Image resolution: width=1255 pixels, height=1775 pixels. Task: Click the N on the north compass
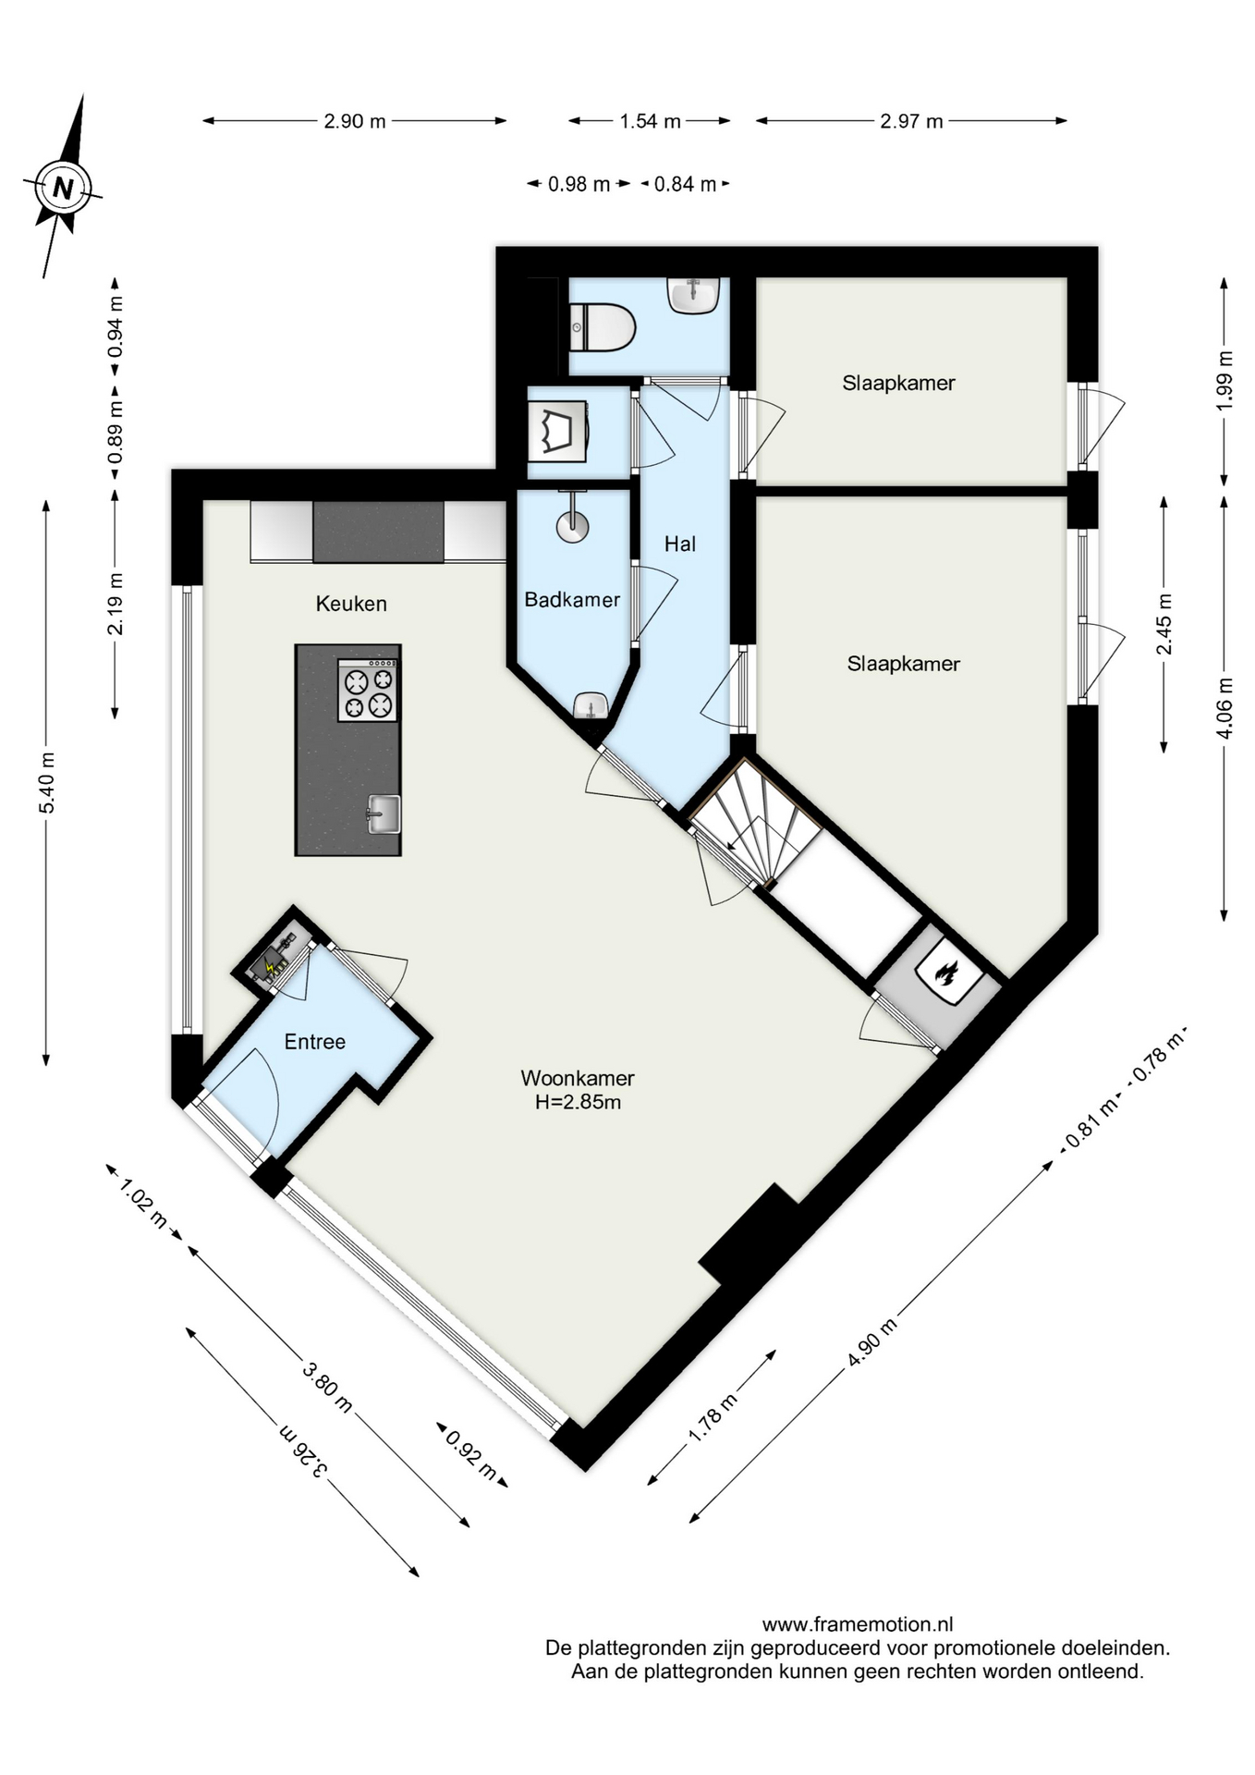[x=63, y=189]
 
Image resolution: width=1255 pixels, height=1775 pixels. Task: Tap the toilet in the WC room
[x=603, y=328]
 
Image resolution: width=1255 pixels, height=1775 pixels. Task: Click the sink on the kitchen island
[x=384, y=814]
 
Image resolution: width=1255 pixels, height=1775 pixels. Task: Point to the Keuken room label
[x=351, y=604]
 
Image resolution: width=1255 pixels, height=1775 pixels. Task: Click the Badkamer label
[x=572, y=600]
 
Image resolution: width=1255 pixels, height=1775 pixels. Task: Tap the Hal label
[x=680, y=545]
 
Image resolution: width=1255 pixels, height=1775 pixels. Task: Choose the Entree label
[x=315, y=1042]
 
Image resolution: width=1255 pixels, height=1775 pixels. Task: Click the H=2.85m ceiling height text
[x=578, y=1102]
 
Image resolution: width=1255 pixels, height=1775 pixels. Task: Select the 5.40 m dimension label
[x=46, y=783]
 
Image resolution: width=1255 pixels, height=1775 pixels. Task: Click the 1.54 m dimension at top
[x=650, y=121]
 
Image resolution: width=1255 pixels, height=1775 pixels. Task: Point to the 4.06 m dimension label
[x=1225, y=708]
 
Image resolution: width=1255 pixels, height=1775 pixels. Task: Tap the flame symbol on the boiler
[x=945, y=973]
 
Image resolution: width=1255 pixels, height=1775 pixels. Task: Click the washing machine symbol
[x=557, y=431]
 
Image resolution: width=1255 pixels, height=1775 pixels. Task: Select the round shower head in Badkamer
[x=572, y=526]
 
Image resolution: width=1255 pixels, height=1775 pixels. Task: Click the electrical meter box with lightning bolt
[x=271, y=961]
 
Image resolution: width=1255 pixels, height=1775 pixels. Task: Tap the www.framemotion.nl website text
[x=858, y=1624]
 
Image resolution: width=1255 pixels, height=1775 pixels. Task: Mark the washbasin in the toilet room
[x=693, y=296]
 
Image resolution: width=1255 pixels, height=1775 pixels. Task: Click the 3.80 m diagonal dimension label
[x=327, y=1388]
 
